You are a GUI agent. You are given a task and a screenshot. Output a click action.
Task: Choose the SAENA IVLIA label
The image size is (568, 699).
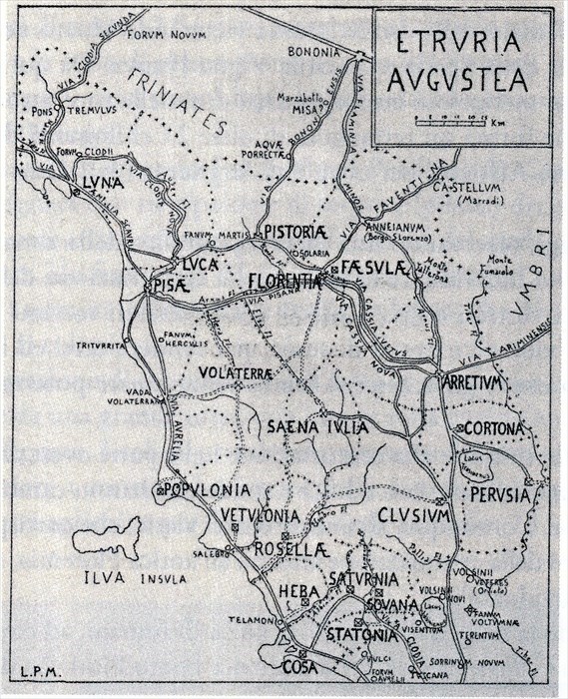(x=317, y=426)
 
